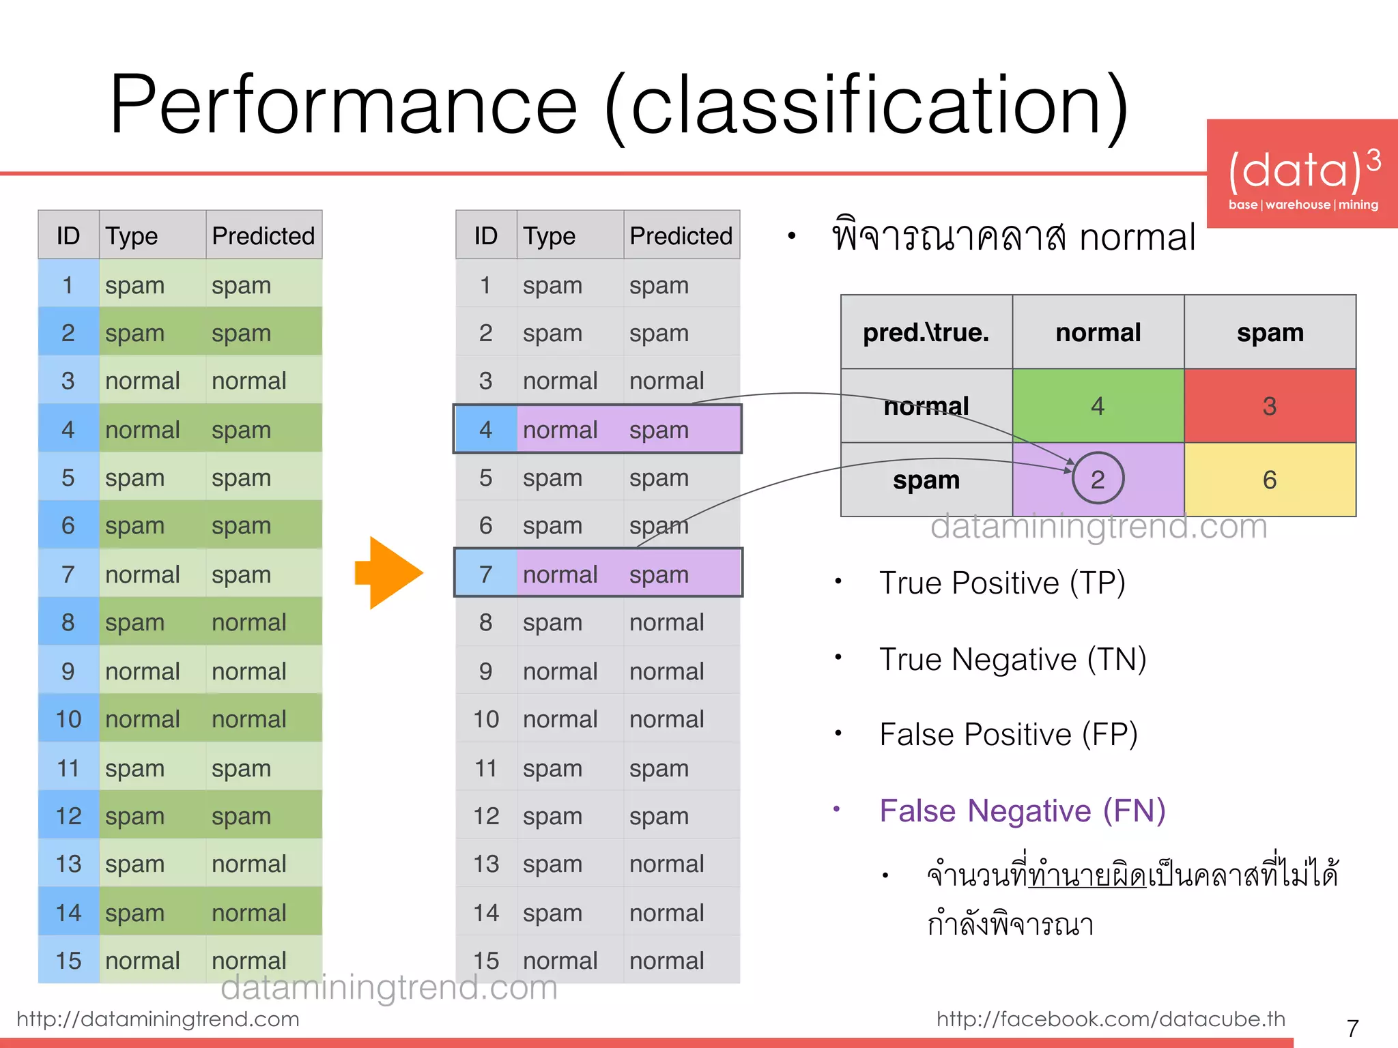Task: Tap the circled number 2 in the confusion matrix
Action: pyautogui.click(x=1097, y=479)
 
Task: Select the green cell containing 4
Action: pyautogui.click(x=1098, y=406)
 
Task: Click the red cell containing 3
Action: pyautogui.click(x=1269, y=406)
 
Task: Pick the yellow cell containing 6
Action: pyautogui.click(x=1269, y=480)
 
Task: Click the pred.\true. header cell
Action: pyautogui.click(x=926, y=333)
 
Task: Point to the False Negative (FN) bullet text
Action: pyautogui.click(x=1022, y=811)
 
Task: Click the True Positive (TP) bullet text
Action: pyautogui.click(x=1001, y=583)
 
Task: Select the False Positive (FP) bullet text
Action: pyautogui.click(x=1008, y=735)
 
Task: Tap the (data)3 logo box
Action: pyautogui.click(x=1302, y=174)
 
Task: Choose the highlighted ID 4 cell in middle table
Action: pyautogui.click(x=485, y=430)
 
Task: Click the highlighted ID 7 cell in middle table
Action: pyautogui.click(x=485, y=574)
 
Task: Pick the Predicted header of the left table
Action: pyautogui.click(x=263, y=236)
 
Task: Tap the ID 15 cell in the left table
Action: pyautogui.click(x=68, y=961)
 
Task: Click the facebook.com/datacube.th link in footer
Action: pyautogui.click(x=1111, y=1019)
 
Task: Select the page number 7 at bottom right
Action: pyautogui.click(x=1352, y=1028)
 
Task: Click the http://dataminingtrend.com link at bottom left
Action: pyautogui.click(x=158, y=1019)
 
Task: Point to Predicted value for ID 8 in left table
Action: pyautogui.click(x=248, y=622)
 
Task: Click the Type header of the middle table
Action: pyautogui.click(x=549, y=236)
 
